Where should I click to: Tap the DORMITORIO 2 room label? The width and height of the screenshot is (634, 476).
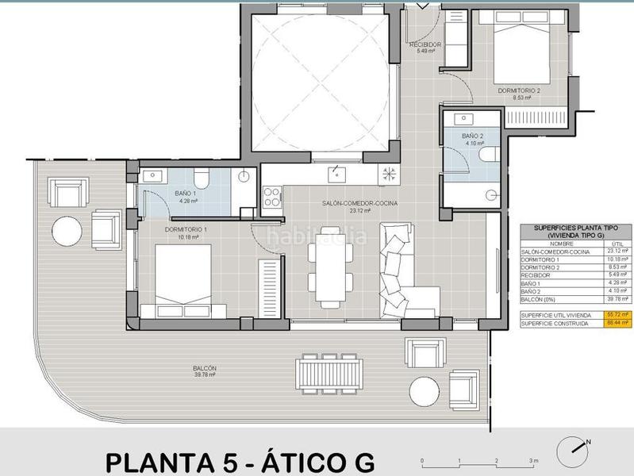(519, 90)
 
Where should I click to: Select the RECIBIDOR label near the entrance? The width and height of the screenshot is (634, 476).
(425, 45)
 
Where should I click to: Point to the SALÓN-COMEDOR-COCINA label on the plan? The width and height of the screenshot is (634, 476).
(359, 204)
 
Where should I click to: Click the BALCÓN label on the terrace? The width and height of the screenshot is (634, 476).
(204, 369)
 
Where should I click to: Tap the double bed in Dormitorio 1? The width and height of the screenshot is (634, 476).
(183, 278)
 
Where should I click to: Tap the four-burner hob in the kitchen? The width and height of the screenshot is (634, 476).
(271, 196)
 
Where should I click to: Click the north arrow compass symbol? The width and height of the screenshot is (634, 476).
(573, 452)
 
